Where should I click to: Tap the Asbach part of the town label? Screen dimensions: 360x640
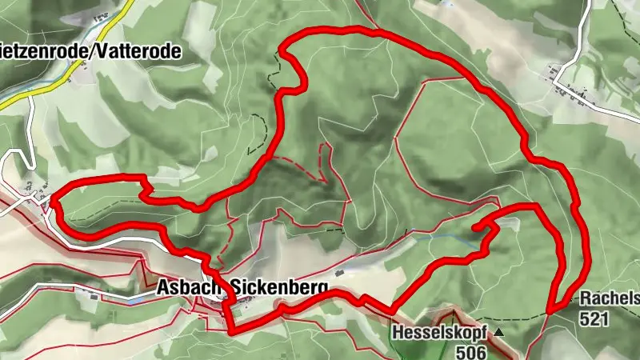(x=187, y=286)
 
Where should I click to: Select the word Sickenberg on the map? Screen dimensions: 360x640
(x=280, y=286)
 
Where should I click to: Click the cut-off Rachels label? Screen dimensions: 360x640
(x=610, y=298)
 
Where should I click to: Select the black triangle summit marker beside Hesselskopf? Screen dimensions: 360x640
(x=499, y=331)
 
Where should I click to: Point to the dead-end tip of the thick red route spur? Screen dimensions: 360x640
(x=478, y=229)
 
